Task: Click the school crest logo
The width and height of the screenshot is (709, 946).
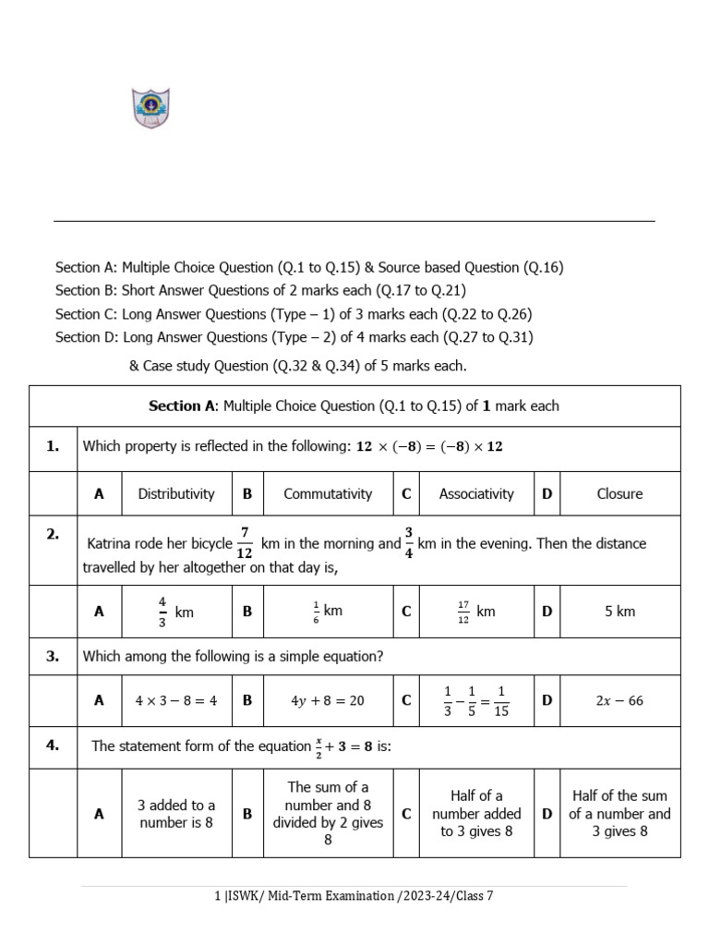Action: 150,108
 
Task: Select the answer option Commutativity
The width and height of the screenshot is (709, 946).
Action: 328,493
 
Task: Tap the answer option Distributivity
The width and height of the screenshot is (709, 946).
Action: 176,493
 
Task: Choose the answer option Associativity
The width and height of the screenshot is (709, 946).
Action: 476,493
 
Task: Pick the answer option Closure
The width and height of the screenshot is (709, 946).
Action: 619,493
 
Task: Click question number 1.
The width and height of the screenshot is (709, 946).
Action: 53,446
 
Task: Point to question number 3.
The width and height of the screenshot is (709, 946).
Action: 53,656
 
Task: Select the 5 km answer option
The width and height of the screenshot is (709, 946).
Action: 619,611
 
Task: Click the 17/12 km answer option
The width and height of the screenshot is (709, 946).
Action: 476,611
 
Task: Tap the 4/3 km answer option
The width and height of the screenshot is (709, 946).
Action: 176,611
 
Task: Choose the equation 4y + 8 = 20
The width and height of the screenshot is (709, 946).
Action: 328,700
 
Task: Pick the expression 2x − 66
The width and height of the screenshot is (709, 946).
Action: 619,700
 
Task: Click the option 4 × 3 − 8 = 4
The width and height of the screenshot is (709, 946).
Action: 176,700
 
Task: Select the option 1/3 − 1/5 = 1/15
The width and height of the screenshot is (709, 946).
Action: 476,700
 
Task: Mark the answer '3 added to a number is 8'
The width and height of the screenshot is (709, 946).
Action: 176,813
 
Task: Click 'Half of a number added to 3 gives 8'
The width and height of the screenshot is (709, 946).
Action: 476,813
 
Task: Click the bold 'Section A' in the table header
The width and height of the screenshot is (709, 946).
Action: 184,406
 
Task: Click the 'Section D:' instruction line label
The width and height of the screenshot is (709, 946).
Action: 87,337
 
